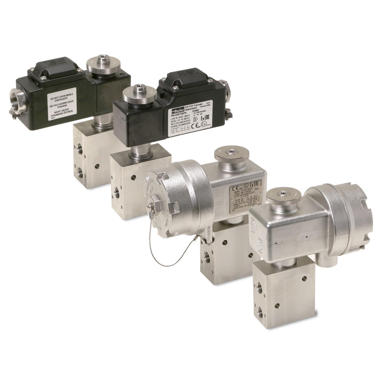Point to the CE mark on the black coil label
(195, 126)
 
